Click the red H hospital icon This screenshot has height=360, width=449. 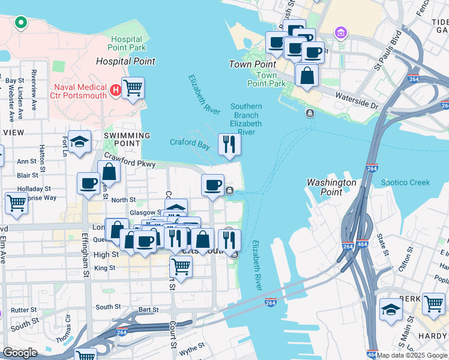coord(116,91)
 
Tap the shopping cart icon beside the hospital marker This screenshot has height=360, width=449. coord(133,88)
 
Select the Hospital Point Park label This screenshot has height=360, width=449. coord(127,43)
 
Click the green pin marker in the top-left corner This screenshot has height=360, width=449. coord(20,23)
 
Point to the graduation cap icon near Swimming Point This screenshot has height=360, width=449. coord(79,142)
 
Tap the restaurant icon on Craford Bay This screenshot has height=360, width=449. coord(229,145)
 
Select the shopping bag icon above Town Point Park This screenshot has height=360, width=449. coord(307,76)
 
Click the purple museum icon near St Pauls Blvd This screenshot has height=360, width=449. coord(341,31)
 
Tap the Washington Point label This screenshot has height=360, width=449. coord(331,187)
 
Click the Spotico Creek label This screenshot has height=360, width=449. coord(405,182)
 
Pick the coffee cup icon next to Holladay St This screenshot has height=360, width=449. coord(88,184)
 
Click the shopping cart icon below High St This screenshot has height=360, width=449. coord(181,266)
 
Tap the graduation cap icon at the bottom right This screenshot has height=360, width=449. coord(391,310)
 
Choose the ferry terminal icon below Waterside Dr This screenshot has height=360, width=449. coord(310,113)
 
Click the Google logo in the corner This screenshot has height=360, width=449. coord(20,353)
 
